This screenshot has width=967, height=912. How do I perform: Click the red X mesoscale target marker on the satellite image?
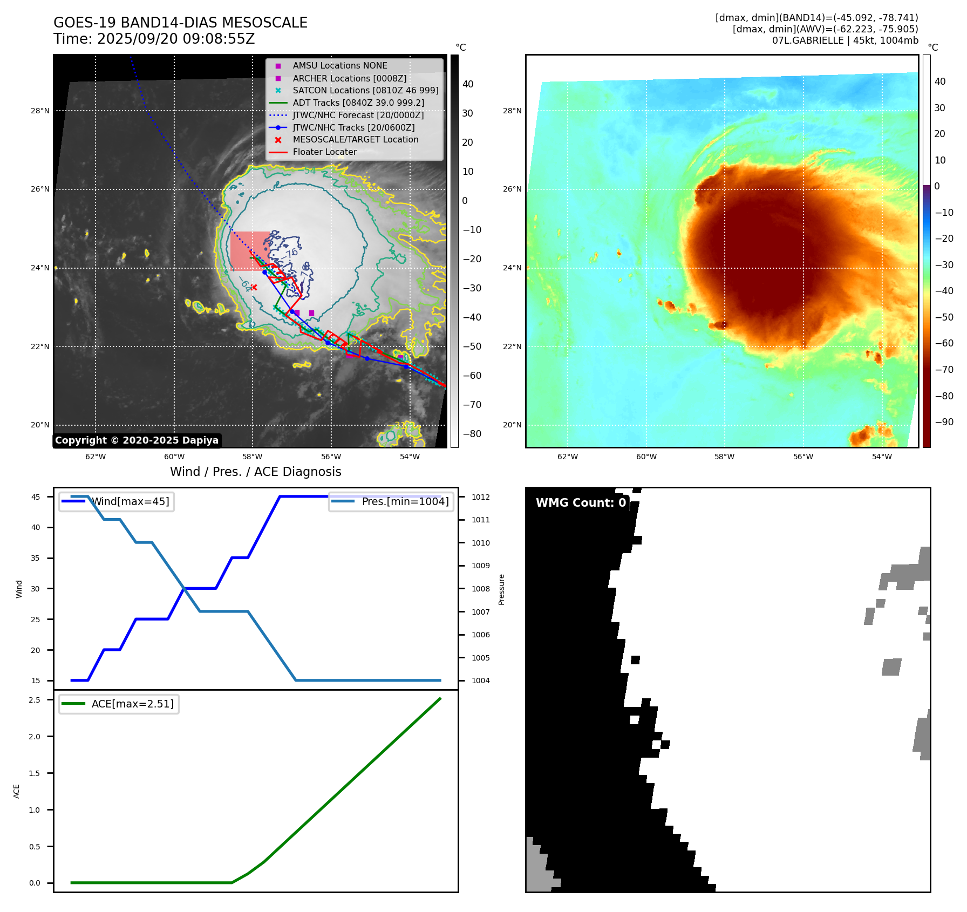pos(254,287)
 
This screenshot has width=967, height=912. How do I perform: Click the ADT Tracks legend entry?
pos(358,103)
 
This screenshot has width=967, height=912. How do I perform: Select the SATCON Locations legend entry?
pos(365,90)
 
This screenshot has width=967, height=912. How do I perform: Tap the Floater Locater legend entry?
pos(324,152)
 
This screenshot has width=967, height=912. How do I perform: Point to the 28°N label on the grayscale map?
pos(40,111)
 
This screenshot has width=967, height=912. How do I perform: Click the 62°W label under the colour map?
pos(568,457)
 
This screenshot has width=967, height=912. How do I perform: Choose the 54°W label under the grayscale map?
pos(410,457)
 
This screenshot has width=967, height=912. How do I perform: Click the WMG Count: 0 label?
pos(581,502)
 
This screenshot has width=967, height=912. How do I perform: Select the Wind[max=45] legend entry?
pos(130,501)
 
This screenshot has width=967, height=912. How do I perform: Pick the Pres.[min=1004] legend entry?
pos(405,501)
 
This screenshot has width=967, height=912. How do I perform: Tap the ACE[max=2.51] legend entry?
pos(132,704)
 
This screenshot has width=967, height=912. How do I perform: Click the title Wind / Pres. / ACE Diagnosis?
pos(256,472)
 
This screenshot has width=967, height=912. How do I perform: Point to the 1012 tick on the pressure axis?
pos(480,497)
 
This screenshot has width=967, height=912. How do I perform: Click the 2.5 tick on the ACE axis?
pos(35,700)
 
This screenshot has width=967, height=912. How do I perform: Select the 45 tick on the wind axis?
pos(36,497)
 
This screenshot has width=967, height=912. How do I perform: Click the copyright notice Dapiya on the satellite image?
pos(137,440)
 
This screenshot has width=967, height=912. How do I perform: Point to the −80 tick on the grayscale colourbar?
pos(472,434)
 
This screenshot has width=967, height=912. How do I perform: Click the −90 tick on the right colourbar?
pos(944,422)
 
